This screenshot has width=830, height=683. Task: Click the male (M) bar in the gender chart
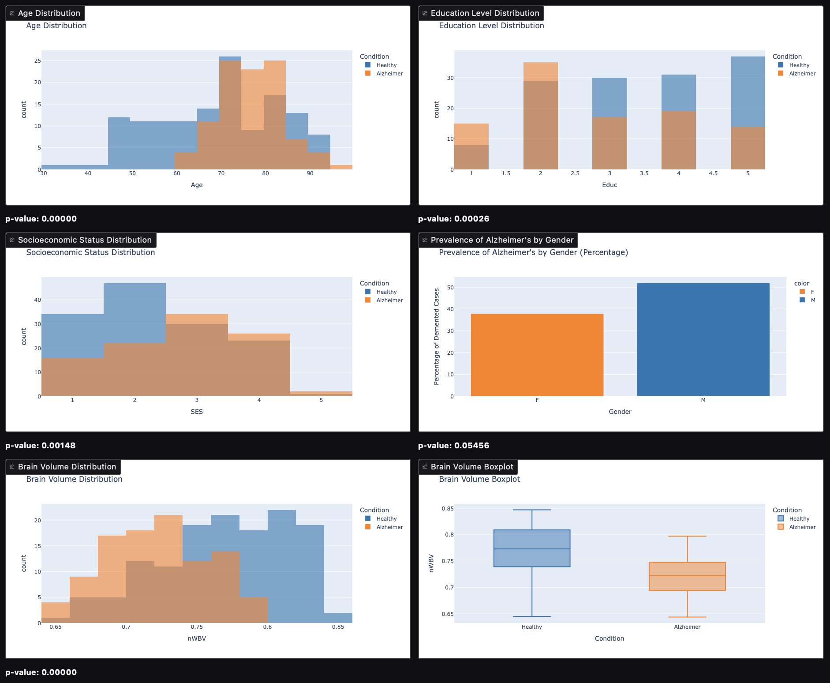pyautogui.click(x=703, y=340)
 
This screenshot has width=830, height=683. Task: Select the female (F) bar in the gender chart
pyautogui.click(x=537, y=355)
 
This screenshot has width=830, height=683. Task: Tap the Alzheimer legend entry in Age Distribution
pyautogui.click(x=389, y=74)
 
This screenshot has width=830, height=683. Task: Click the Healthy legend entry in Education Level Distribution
pyautogui.click(x=799, y=65)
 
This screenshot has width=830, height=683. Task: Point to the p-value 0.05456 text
pyautogui.click(x=454, y=446)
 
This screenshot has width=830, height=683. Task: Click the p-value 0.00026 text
pyautogui.click(x=454, y=219)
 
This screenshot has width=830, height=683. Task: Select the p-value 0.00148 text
pyautogui.click(x=41, y=446)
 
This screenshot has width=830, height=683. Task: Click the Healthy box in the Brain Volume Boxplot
pyautogui.click(x=532, y=548)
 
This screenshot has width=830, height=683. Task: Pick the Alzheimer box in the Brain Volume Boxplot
pyautogui.click(x=687, y=576)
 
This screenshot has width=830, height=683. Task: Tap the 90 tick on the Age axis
pyautogui.click(x=310, y=173)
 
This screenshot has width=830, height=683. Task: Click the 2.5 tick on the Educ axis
pyautogui.click(x=575, y=173)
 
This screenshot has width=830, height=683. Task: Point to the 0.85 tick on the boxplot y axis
pyautogui.click(x=447, y=509)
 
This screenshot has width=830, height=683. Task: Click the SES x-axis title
pyautogui.click(x=197, y=412)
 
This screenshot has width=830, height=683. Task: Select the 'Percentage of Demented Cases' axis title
pyautogui.click(x=437, y=337)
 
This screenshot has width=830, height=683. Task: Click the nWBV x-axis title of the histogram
pyautogui.click(x=197, y=638)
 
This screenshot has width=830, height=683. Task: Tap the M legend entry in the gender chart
pyautogui.click(x=812, y=300)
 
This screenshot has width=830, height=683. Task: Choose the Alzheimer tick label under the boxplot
pyautogui.click(x=687, y=627)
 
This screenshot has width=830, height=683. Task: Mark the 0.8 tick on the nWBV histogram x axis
pyautogui.click(x=268, y=627)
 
